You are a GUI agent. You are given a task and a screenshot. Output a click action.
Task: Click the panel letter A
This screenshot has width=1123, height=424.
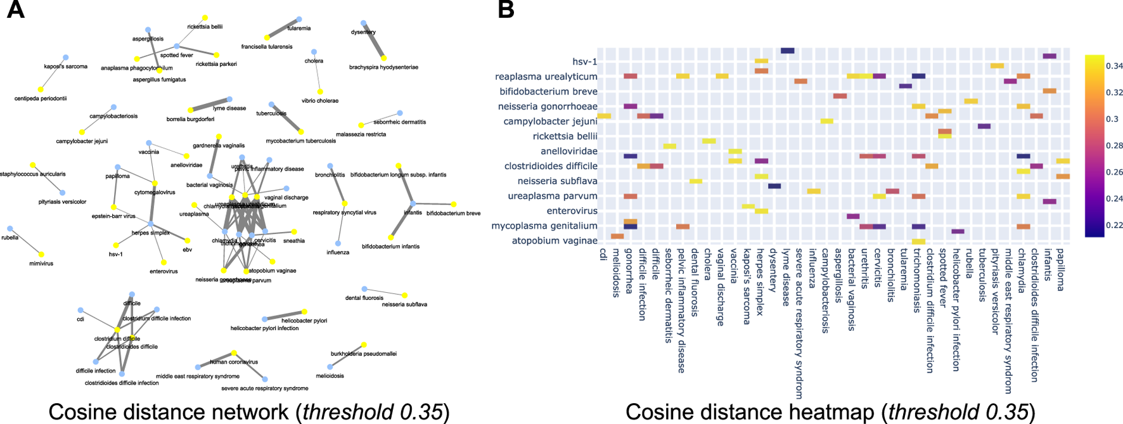click(x=15, y=10)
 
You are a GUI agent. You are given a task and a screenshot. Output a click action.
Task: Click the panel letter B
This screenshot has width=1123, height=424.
click(x=506, y=10)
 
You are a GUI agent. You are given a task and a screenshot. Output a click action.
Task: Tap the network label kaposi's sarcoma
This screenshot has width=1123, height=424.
click(x=66, y=67)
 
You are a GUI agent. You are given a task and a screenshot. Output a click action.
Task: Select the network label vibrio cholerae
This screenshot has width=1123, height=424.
click(x=320, y=101)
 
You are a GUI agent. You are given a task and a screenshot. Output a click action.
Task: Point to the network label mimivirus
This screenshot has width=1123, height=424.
click(x=41, y=262)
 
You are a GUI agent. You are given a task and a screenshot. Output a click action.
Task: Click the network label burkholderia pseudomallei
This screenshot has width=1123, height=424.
click(x=364, y=354)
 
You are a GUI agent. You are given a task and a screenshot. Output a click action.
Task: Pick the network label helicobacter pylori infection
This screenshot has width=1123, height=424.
click(x=264, y=328)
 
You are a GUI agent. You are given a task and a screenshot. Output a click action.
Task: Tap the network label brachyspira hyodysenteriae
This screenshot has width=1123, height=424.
click(x=383, y=67)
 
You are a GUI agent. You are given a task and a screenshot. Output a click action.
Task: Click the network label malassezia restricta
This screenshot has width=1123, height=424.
click(x=361, y=134)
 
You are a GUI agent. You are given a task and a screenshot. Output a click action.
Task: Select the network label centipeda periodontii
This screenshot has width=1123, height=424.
click(x=41, y=98)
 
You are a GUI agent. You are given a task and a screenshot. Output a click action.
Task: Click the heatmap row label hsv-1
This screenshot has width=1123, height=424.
click(x=584, y=61)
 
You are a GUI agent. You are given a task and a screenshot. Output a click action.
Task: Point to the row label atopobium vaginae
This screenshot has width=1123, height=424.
click(x=555, y=241)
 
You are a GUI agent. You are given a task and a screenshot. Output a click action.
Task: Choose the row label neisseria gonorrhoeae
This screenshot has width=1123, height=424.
click(x=548, y=106)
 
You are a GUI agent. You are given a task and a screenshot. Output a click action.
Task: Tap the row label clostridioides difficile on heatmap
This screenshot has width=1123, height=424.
click(x=551, y=166)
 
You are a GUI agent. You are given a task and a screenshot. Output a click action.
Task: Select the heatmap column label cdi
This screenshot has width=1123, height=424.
click(x=603, y=255)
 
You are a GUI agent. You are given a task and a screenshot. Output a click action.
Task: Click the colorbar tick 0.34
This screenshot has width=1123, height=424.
click(x=1114, y=66)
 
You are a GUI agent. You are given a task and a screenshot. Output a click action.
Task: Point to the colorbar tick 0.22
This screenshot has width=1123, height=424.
click(x=1114, y=225)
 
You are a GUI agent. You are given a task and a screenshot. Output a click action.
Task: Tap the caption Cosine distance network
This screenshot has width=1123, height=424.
click(x=169, y=412)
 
